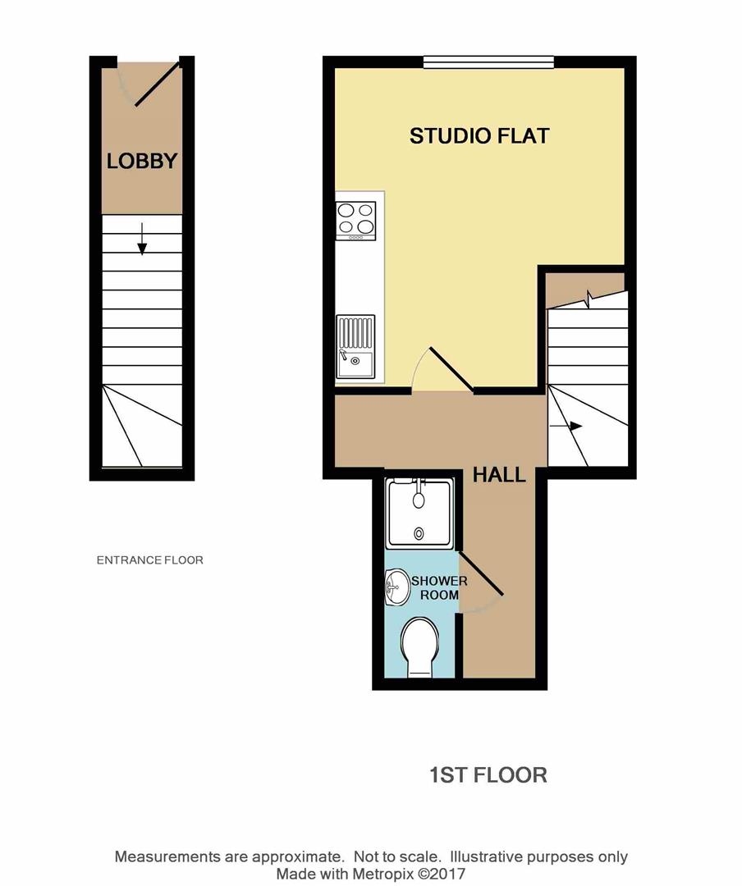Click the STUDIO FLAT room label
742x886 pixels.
click(x=479, y=136)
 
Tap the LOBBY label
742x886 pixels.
click(x=142, y=161)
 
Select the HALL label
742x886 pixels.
click(x=499, y=475)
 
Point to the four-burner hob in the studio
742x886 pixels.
click(x=355, y=220)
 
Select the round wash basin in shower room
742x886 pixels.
click(x=396, y=587)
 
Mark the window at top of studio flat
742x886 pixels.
click(x=488, y=62)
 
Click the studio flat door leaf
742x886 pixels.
click(x=450, y=369)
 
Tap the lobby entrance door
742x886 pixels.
click(x=157, y=84)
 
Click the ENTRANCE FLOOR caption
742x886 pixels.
click(x=149, y=560)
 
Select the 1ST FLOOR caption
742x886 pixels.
click(x=488, y=774)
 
